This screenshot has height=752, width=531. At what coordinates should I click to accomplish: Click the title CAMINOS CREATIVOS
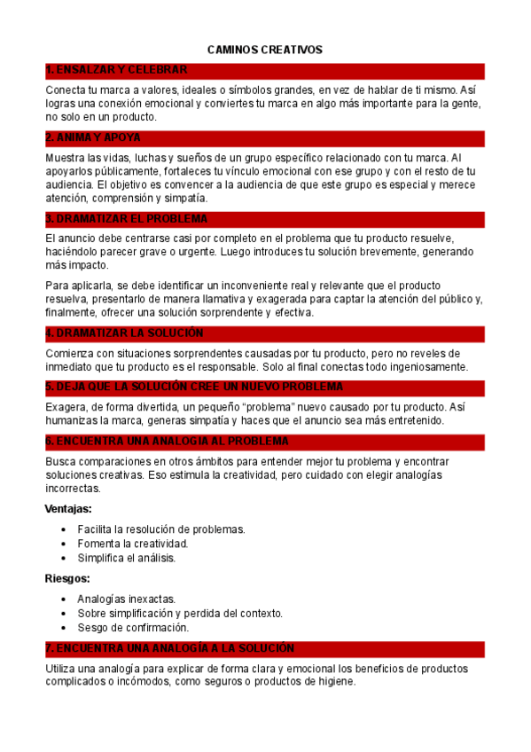point(264,50)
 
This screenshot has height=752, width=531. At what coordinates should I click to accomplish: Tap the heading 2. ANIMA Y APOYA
point(92,138)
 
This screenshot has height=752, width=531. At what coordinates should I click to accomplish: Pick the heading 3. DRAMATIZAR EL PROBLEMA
point(126,218)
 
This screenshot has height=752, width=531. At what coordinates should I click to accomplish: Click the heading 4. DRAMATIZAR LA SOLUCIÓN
point(124,333)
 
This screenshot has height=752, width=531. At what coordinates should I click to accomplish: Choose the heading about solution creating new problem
point(194,388)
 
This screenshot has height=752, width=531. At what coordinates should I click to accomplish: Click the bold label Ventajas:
point(68,509)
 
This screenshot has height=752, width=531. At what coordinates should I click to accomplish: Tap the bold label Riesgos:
point(66,578)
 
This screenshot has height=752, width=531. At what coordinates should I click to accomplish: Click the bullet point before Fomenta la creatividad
point(64,544)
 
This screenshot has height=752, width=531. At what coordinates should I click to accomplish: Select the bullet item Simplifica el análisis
point(126,558)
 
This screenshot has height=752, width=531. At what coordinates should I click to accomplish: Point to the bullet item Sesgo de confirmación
point(133,627)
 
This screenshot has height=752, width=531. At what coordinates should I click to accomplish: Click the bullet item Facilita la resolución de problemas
point(160,529)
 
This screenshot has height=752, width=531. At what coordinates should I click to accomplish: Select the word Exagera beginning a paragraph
point(66,407)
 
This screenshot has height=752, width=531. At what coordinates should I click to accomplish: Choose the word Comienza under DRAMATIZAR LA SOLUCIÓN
point(70,353)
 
